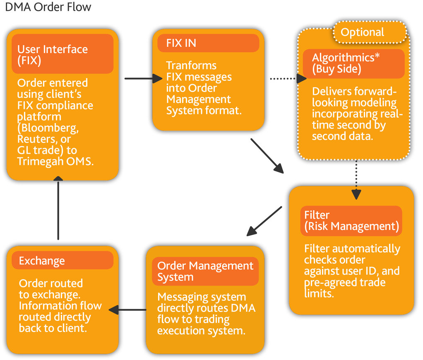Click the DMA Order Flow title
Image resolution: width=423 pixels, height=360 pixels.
pos(48,7)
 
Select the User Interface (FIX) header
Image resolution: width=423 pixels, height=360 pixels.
pos(62,54)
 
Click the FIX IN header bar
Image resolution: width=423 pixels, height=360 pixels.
pos(208,43)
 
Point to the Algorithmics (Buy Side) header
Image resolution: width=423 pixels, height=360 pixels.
pos(353,63)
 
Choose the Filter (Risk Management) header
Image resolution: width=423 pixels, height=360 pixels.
pos(351,221)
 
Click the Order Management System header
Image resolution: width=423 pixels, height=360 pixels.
pos(205,271)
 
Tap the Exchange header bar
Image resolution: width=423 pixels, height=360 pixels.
pos(62,260)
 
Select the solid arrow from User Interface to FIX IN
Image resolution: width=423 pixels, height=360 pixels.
pos(144,79)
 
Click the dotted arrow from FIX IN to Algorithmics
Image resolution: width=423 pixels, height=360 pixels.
pos(288,79)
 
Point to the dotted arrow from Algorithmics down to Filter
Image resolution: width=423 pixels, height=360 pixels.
pos(356,180)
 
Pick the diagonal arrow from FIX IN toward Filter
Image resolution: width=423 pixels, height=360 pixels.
pos(267,156)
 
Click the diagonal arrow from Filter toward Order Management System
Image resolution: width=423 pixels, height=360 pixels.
pos(264,221)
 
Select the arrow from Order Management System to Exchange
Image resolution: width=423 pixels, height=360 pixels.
pos(127,310)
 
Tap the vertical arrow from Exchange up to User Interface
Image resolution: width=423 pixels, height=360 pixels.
pos(58,208)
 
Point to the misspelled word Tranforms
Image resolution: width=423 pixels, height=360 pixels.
pos(191,65)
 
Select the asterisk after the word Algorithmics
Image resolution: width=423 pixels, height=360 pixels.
pos(377,55)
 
